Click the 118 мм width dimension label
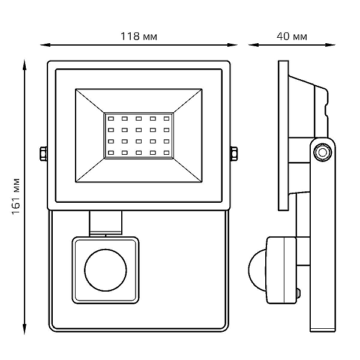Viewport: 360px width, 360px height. click(139, 36)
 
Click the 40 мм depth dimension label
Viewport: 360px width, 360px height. click(292, 36)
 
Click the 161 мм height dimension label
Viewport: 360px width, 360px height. click(16, 196)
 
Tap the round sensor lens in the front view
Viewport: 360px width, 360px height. click(106, 270)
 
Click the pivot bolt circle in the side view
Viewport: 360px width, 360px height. click(323, 152)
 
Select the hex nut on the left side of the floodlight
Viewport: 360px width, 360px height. click(43, 154)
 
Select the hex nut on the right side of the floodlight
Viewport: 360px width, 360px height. click(234, 154)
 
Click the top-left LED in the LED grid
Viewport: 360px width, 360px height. click(111, 119)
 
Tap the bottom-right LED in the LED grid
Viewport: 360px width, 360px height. click(166, 152)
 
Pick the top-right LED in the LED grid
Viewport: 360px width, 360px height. click(166, 119)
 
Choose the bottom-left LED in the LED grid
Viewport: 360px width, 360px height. click(111, 152)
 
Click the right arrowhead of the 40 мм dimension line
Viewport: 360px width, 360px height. click(330, 45)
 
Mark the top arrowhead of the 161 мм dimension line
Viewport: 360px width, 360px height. click(25, 65)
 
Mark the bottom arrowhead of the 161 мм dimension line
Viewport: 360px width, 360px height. click(25, 329)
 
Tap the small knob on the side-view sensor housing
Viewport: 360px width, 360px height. click(298, 293)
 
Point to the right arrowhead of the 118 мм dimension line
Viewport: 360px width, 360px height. click(232, 45)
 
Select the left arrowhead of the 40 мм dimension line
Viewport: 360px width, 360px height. click(253, 45)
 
